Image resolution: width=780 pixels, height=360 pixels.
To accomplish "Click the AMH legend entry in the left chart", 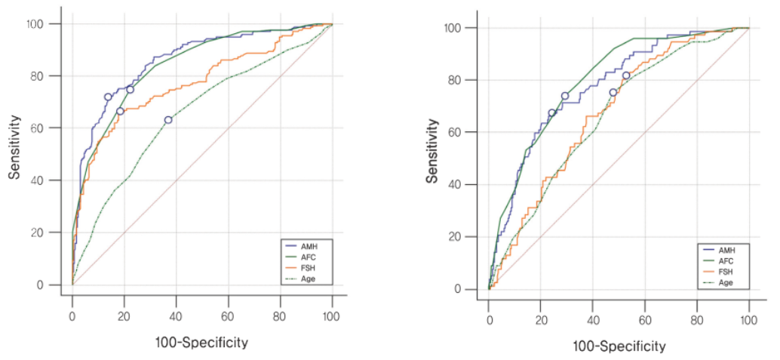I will pos(305,246).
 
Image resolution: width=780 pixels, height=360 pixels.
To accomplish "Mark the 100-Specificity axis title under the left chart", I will pos(201,342).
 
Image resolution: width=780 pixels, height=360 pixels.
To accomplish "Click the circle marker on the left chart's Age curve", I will pos(168,120).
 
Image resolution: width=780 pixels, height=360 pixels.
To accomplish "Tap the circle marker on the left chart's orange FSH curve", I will pos(120,111).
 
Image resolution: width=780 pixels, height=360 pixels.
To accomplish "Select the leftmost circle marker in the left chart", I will pos(108,97).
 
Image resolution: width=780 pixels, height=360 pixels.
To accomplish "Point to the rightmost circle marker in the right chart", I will pos(625,75).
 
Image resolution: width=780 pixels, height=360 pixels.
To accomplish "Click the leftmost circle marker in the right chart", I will pos(551,112).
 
